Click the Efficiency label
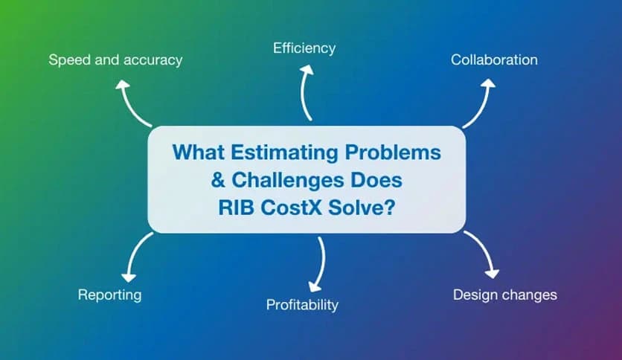click(304, 48)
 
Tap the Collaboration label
click(494, 60)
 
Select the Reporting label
click(109, 295)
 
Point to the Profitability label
click(302, 305)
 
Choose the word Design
click(475, 295)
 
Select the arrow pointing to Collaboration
click(482, 104)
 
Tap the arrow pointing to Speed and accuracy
click(131, 104)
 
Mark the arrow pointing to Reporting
click(134, 256)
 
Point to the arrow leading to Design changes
click(483, 254)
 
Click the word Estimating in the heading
click(284, 152)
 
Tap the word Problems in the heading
click(393, 152)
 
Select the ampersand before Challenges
click(218, 180)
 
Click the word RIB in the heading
click(236, 208)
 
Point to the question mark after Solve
click(390, 207)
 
